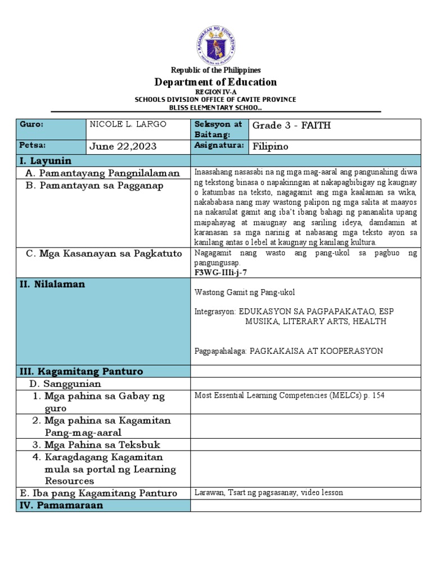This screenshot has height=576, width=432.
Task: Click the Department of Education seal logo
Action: pos(216,42)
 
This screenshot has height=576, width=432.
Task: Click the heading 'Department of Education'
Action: pos(216,82)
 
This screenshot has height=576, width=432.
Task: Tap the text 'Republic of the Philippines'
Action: pos(216,70)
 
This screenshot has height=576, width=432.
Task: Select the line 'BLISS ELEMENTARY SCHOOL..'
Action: pos(216,107)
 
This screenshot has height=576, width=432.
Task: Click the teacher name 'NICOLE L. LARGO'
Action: pos(128,124)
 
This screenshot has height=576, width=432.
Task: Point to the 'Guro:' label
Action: pos(31,124)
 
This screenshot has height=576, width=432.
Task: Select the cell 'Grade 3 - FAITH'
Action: pos(291,125)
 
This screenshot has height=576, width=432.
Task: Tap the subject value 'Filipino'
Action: pos(271,147)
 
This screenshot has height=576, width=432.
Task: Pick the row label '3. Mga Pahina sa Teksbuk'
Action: pos(96,445)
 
